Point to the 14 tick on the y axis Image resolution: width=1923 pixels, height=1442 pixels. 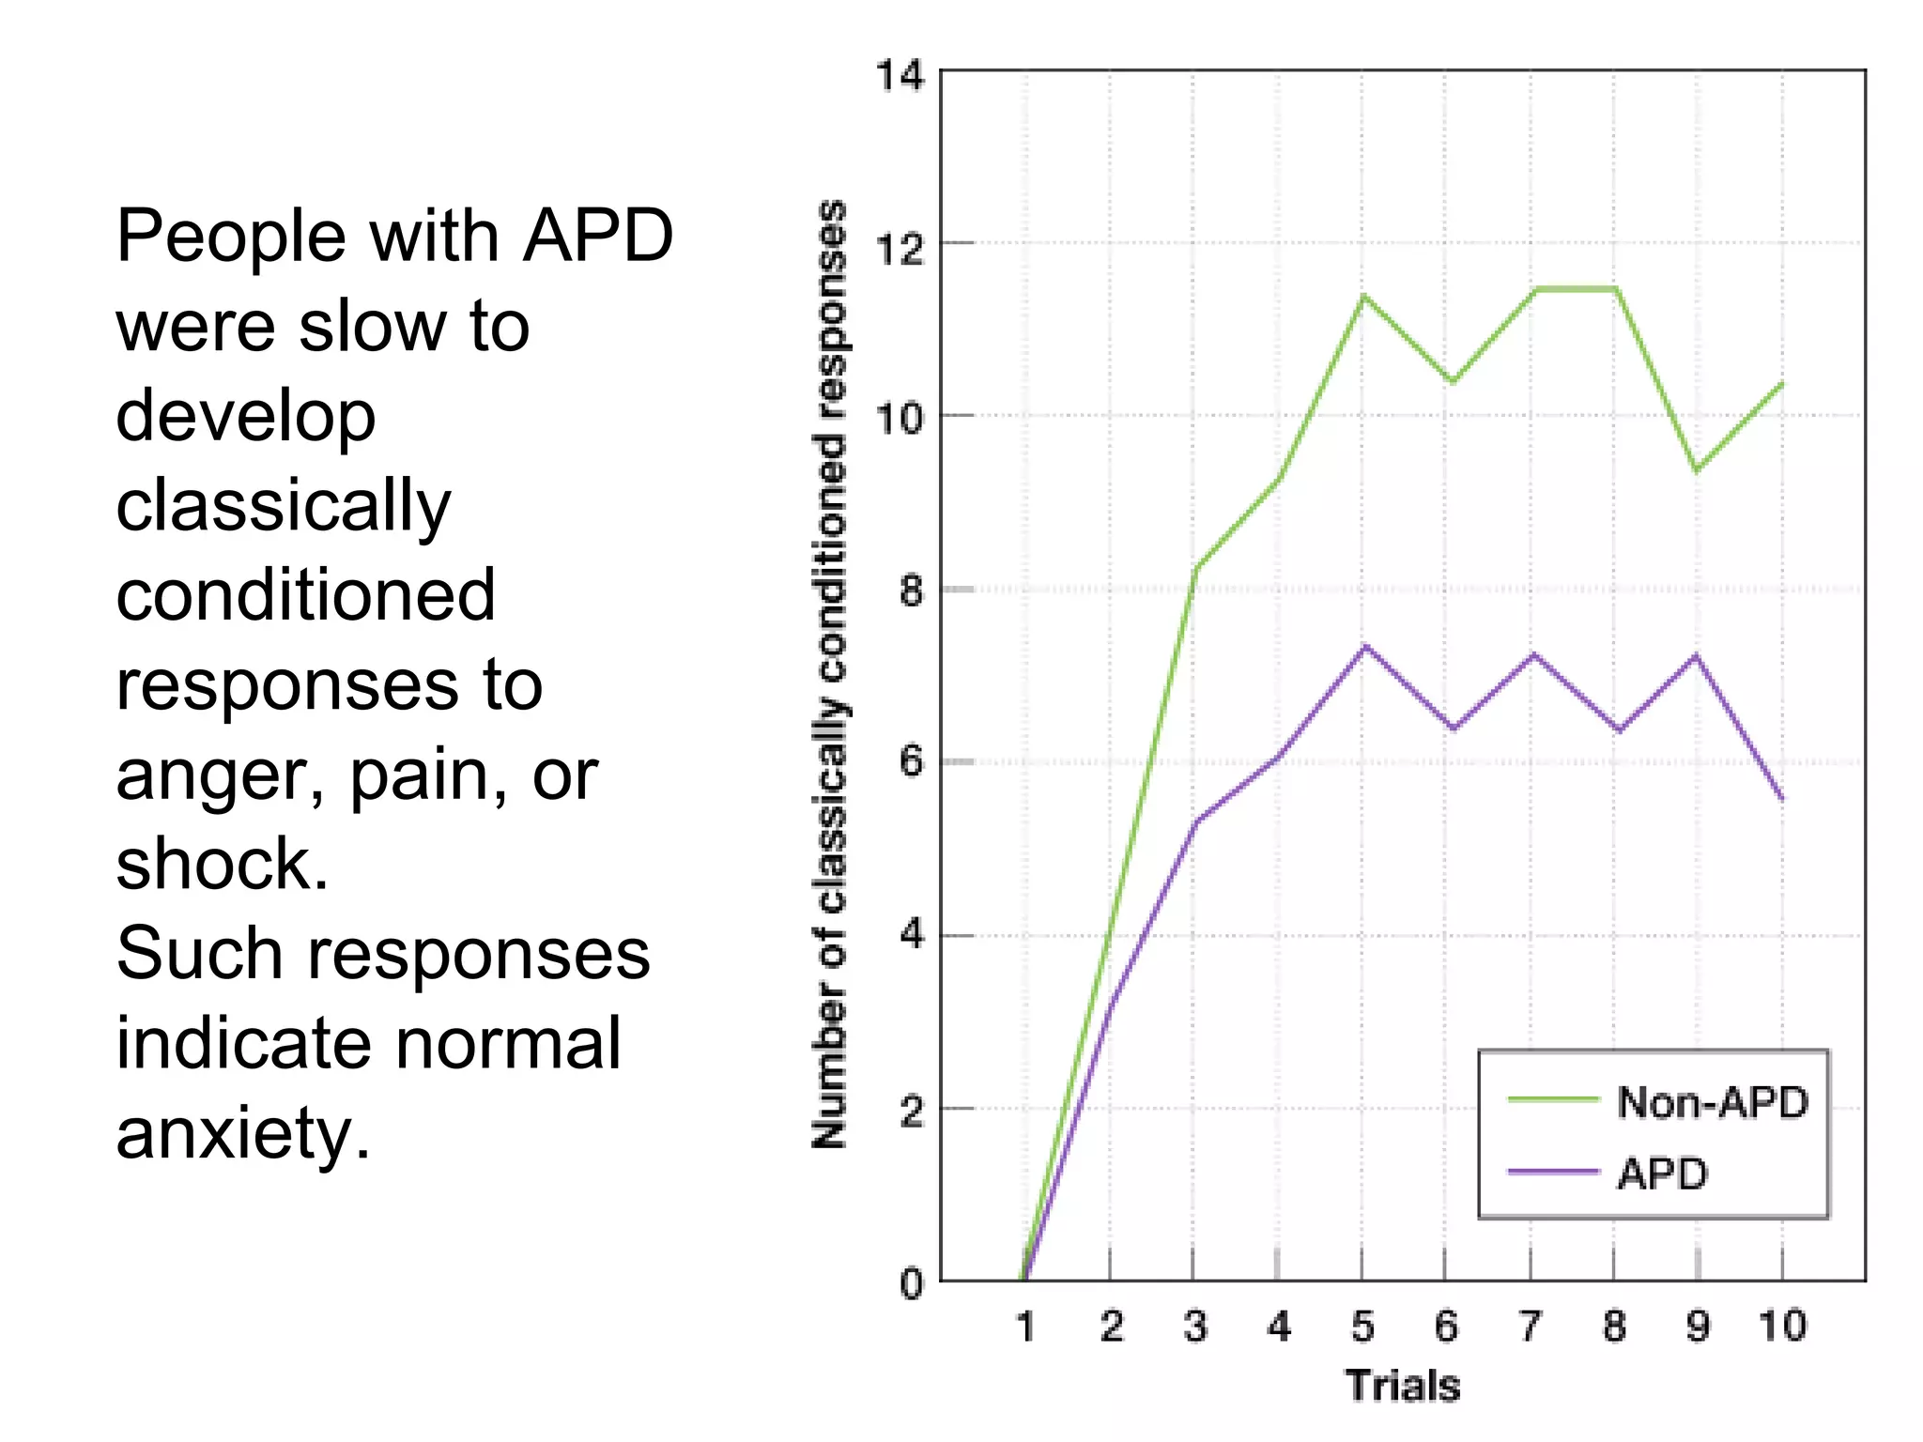900,76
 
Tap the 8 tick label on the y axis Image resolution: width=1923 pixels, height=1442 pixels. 910,591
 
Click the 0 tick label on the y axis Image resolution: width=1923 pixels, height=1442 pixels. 910,1283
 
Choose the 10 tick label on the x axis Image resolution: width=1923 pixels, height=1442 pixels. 1781,1327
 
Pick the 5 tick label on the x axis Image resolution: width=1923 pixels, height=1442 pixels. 1362,1327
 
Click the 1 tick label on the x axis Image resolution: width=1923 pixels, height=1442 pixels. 1025,1327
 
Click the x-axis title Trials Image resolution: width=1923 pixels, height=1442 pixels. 1402,1386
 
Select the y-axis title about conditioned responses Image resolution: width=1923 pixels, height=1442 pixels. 830,673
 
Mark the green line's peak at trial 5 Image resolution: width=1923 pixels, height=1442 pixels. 1363,297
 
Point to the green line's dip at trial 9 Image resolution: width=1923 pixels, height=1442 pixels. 1697,469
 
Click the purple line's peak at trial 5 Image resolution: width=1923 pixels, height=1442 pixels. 1364,646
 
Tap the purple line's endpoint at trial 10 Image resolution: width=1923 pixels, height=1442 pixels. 1781,799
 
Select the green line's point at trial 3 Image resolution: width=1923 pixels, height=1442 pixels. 1195,568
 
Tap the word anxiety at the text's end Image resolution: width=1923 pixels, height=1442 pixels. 242,1133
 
